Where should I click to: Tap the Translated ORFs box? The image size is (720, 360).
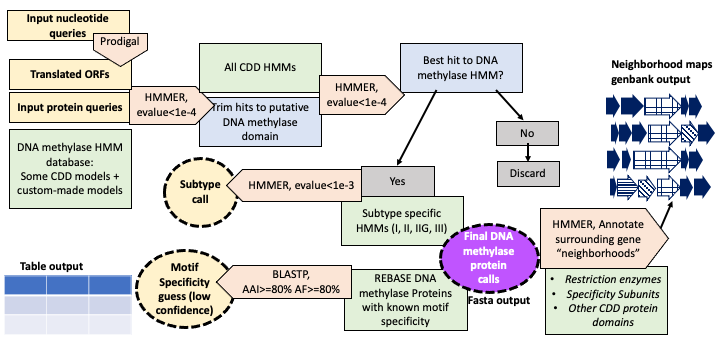[x=70, y=74]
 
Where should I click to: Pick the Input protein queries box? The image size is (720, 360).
[x=70, y=107]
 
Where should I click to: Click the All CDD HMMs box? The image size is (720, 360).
[x=260, y=68]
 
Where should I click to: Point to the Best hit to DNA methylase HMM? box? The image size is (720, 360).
[x=461, y=67]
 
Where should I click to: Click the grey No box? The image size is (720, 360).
[x=527, y=133]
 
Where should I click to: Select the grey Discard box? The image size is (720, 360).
[x=527, y=173]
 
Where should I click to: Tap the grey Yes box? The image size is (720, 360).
[x=398, y=181]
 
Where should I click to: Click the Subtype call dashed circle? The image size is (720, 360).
[x=200, y=192]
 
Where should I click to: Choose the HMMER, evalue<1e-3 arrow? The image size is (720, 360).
[x=295, y=186]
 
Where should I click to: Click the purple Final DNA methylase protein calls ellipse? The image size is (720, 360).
[x=489, y=259]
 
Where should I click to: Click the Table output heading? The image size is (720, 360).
[x=51, y=266]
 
